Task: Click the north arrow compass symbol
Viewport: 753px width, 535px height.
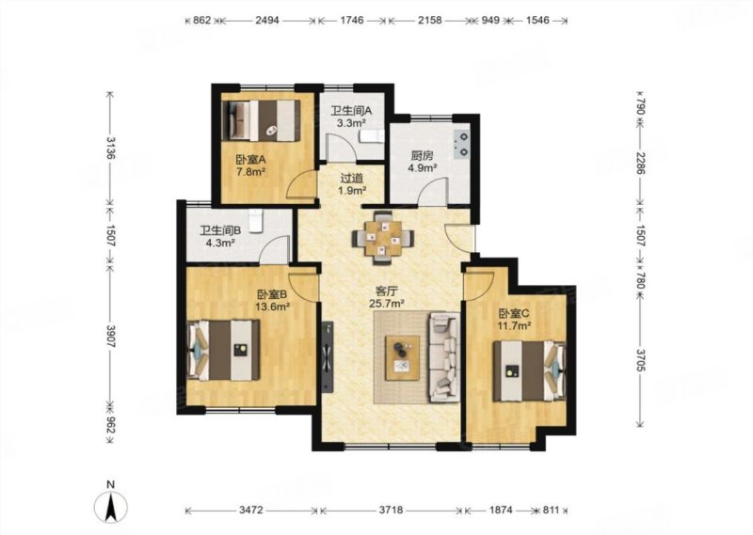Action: coord(110,506)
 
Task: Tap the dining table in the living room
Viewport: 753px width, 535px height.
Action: coord(383,238)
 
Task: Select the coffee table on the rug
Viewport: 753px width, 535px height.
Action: coord(403,358)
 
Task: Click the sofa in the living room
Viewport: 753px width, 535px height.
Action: coord(444,357)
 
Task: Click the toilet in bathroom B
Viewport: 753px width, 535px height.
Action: coord(256,221)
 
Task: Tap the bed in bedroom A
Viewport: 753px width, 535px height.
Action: coord(262,120)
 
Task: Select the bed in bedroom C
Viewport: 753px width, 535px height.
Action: coord(529,370)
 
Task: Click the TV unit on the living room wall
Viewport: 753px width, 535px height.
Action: coord(328,356)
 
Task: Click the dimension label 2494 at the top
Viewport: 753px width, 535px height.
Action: coord(267,20)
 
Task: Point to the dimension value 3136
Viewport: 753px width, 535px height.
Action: coord(110,149)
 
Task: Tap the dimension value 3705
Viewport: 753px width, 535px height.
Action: coord(640,360)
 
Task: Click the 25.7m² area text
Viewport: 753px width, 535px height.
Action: coord(387,303)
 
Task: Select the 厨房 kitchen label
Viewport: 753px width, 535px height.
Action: coord(422,156)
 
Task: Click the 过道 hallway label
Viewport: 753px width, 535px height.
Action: coord(351,178)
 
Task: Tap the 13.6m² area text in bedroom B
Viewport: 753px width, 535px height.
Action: coord(272,306)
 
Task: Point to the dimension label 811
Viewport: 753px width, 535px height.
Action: coord(552,511)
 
